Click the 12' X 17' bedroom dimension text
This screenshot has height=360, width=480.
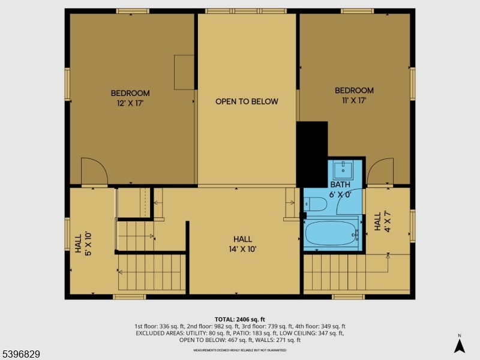130,103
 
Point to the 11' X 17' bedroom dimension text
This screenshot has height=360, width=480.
354,100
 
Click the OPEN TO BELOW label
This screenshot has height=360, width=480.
247,101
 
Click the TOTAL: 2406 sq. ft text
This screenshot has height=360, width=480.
240,319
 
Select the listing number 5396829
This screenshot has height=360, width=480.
21,355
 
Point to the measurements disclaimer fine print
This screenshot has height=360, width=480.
240,350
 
